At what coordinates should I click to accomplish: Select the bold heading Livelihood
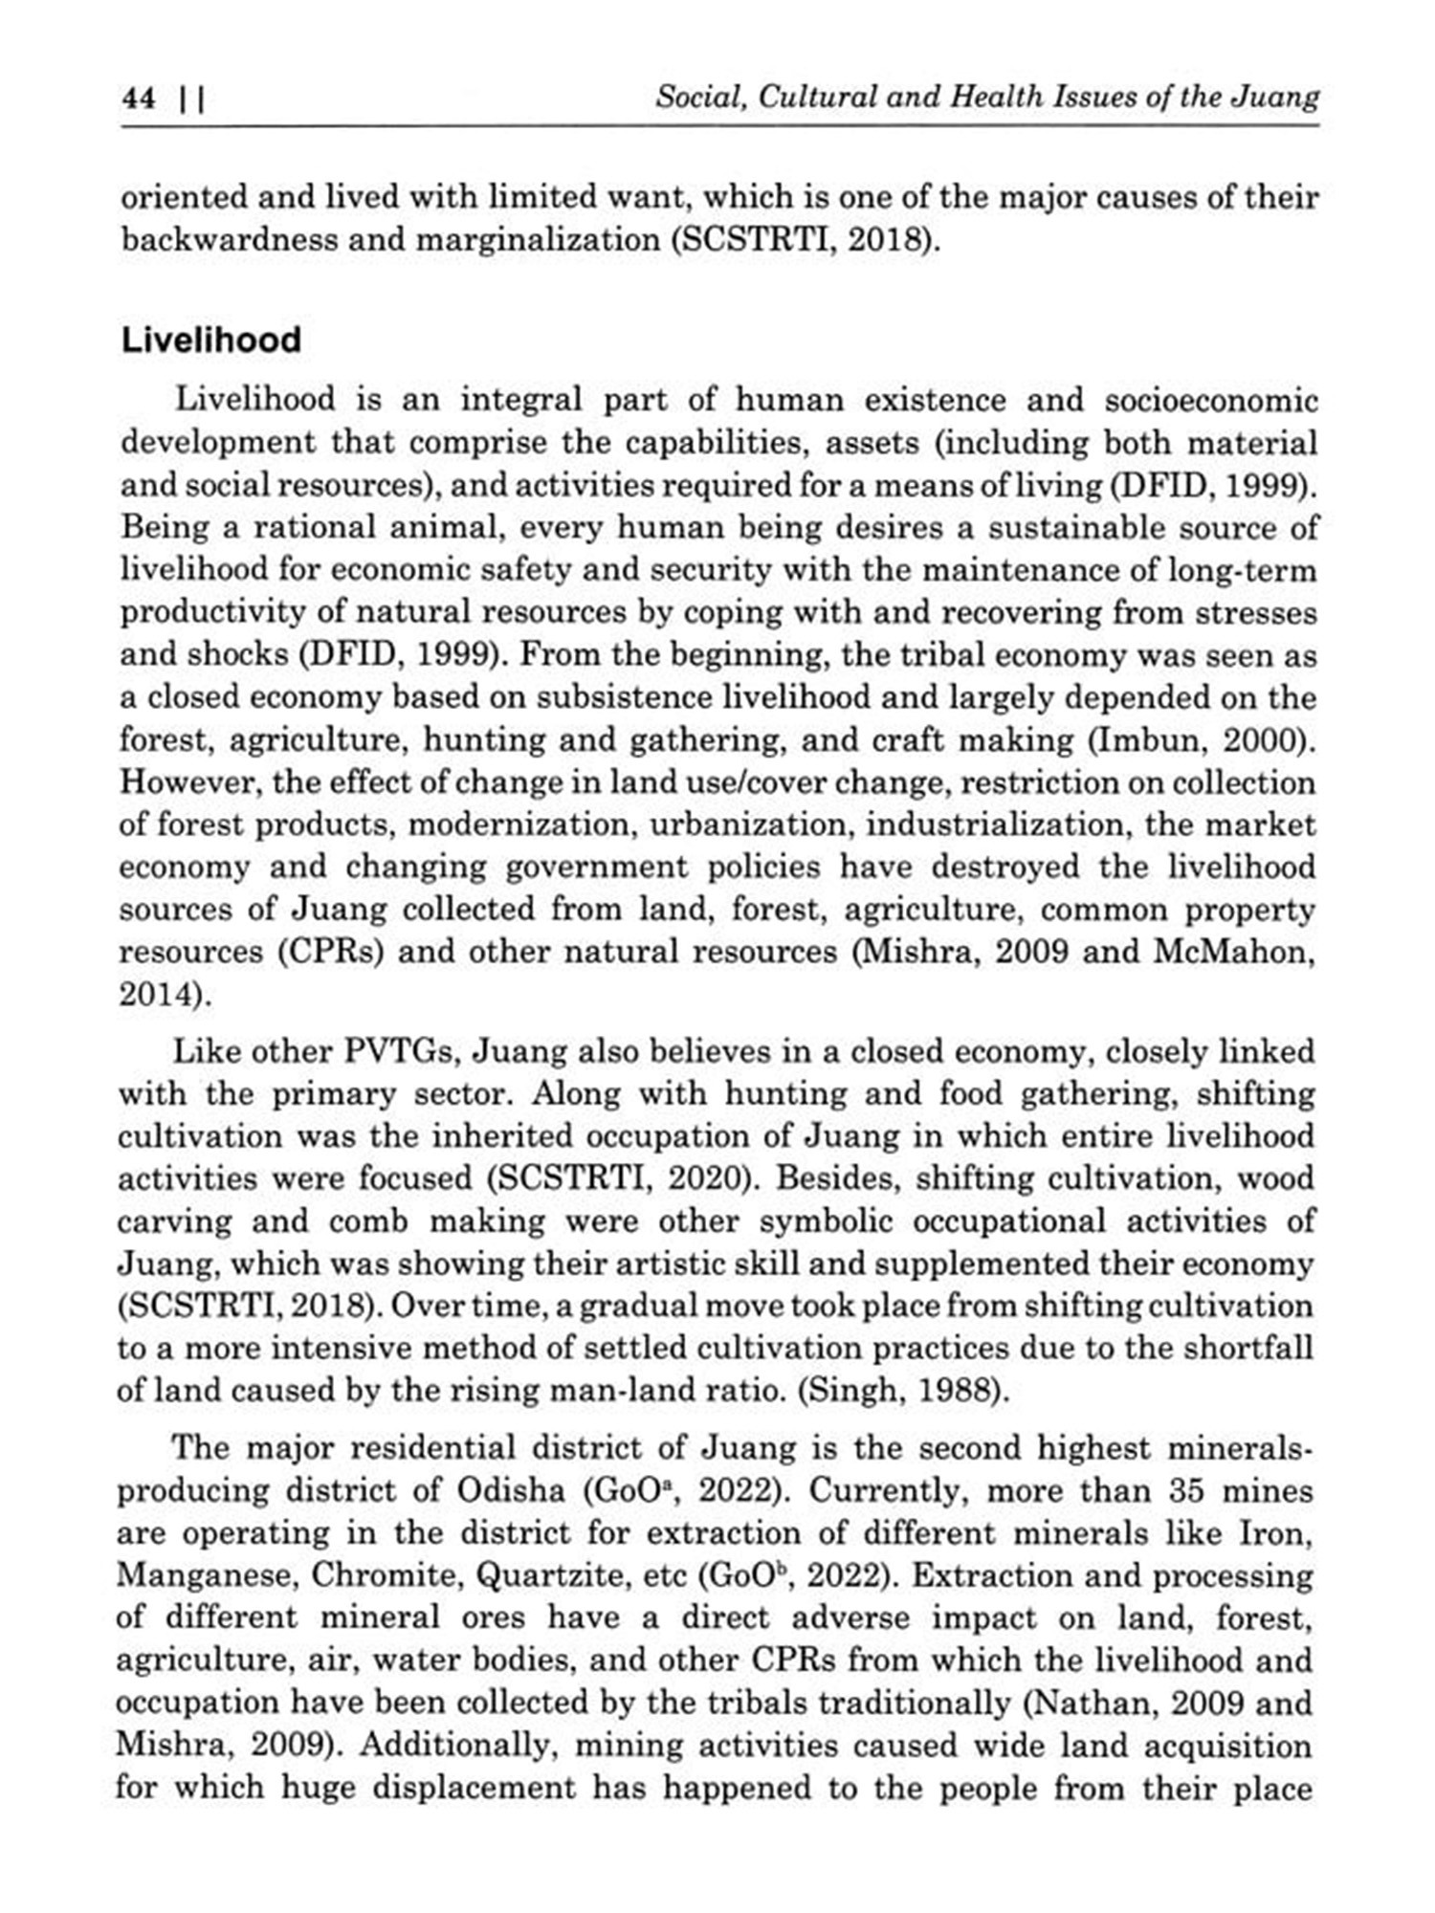(x=210, y=341)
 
